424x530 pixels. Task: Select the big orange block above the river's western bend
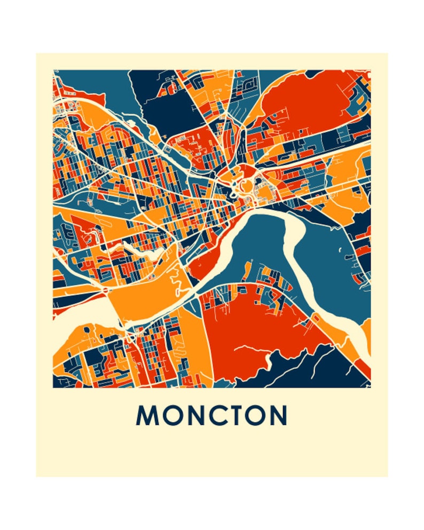[142, 299]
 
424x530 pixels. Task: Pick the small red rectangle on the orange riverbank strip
[315, 319]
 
